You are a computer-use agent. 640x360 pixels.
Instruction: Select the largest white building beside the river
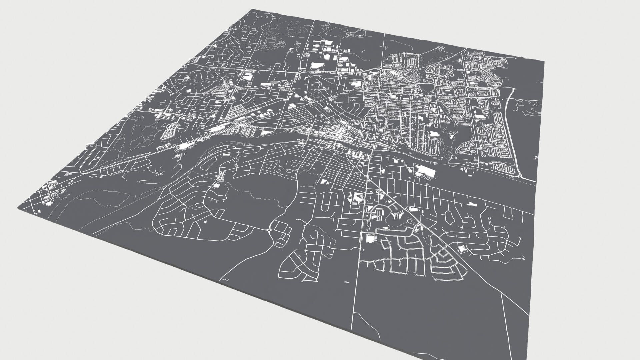pos(425,171)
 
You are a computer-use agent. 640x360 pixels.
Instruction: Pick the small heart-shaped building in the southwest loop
pos(205,221)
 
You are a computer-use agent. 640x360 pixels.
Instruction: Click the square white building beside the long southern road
pos(370,239)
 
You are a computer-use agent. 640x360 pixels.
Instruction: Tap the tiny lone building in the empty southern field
pos(347,282)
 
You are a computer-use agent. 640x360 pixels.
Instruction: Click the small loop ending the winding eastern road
pos(524,257)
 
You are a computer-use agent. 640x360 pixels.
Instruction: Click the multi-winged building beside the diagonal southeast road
pos(462,249)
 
